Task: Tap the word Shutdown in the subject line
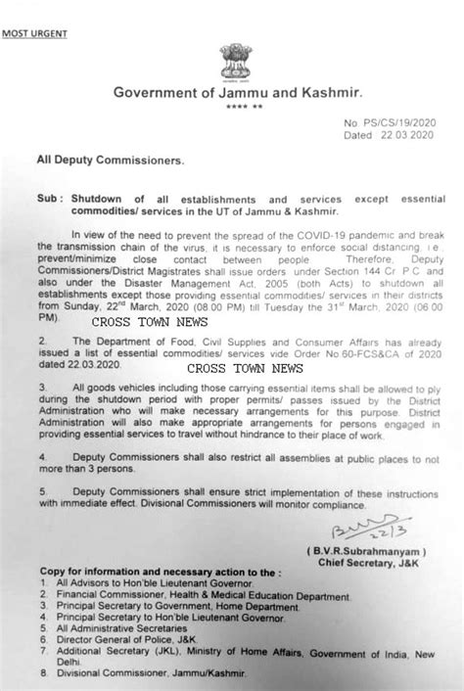pyautogui.click(x=101, y=197)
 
